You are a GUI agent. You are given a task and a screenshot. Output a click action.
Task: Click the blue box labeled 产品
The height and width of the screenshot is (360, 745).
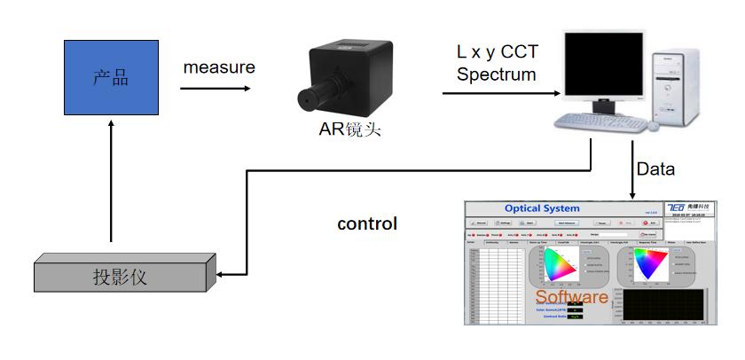click(x=111, y=78)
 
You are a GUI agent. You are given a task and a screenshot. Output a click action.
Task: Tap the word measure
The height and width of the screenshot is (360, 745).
click(x=219, y=67)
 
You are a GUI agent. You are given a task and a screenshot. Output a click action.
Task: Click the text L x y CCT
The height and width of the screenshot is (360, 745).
click(x=497, y=52)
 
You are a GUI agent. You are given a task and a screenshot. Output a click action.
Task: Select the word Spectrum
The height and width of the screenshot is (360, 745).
click(x=497, y=74)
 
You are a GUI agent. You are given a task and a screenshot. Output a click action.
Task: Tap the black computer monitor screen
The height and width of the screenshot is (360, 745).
click(x=604, y=64)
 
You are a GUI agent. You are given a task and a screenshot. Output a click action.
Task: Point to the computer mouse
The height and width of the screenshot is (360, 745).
click(x=654, y=126)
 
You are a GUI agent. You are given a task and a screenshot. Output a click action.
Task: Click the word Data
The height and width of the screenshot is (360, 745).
click(x=656, y=168)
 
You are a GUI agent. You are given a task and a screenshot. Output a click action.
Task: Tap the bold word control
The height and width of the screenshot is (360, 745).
click(x=367, y=223)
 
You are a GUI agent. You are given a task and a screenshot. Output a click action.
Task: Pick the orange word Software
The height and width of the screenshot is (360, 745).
click(x=571, y=296)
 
